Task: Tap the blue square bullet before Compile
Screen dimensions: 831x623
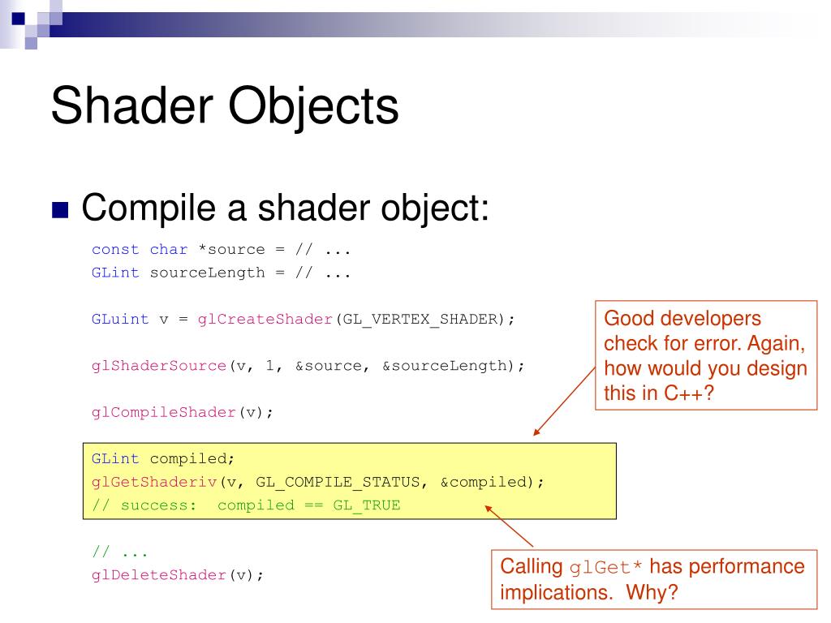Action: (61, 210)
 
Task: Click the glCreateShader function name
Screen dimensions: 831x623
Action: (265, 319)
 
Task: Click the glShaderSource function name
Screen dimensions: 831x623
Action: (159, 366)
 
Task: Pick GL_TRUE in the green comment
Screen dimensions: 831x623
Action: (367, 505)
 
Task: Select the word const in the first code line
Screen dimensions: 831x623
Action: (115, 249)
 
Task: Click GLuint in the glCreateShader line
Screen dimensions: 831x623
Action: (120, 319)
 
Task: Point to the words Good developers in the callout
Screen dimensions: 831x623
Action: (682, 319)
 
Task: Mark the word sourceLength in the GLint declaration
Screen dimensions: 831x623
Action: (208, 273)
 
